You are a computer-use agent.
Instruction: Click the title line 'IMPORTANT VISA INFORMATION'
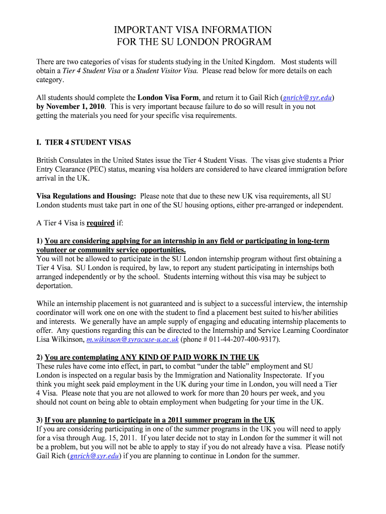pos(193,30)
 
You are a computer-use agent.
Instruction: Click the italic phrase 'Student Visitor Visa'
pos(166,71)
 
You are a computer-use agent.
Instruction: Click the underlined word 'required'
pos(101,223)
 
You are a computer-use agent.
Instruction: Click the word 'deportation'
pos(54,286)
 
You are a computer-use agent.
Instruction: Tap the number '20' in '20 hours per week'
pos(249,394)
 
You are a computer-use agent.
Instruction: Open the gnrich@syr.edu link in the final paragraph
pos(94,456)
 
